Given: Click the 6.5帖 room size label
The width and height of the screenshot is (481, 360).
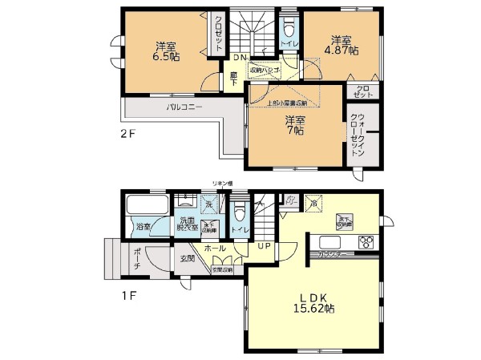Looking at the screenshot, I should tap(167, 51).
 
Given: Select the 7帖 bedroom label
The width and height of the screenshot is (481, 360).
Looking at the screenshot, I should tap(294, 127).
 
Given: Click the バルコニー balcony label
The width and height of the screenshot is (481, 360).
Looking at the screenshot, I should tap(184, 107).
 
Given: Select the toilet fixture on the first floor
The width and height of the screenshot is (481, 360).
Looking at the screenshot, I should tap(239, 214).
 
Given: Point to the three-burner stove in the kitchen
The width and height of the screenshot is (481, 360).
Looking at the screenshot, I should tap(366, 242).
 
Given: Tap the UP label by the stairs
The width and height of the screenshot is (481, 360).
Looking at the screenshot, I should tap(263, 246).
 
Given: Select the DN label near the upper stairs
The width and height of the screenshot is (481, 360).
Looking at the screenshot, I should tap(239, 57).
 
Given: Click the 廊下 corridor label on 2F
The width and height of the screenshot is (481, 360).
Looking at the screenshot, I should tap(233, 78).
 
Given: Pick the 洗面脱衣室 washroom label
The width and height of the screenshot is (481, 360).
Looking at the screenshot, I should tap(188, 224).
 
